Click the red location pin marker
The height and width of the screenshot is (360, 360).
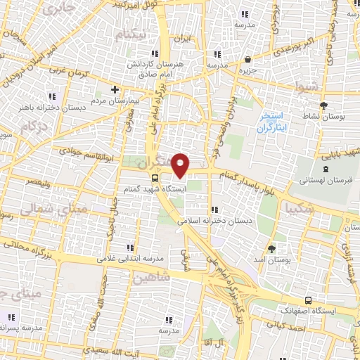[x=181, y=164]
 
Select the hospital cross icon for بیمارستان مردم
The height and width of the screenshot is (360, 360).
[x=115, y=89]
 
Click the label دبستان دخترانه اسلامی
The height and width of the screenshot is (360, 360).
[x=226, y=220]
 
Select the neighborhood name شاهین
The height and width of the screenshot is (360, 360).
[x=155, y=278]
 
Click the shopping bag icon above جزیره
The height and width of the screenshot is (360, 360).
[x=247, y=60]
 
